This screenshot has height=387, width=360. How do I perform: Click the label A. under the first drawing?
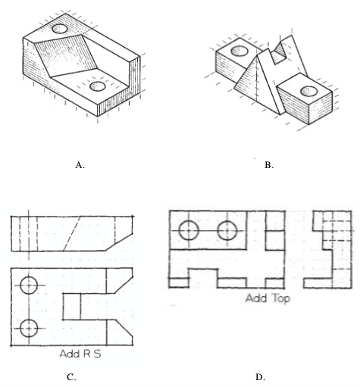tap(80, 165)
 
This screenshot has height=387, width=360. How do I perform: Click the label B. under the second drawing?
tap(269, 165)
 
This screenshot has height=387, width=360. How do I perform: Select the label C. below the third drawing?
tap(71, 377)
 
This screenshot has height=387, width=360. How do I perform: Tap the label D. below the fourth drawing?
tap(260, 377)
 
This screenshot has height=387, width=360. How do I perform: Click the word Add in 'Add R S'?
tap(70, 354)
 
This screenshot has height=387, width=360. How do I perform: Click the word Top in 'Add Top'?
tap(281, 299)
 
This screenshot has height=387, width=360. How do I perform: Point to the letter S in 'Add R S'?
tap(97, 354)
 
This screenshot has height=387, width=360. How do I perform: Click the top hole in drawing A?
tap(60, 29)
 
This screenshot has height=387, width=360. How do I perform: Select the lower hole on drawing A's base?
tap(98, 86)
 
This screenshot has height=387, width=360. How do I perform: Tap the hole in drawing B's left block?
tap(239, 51)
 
